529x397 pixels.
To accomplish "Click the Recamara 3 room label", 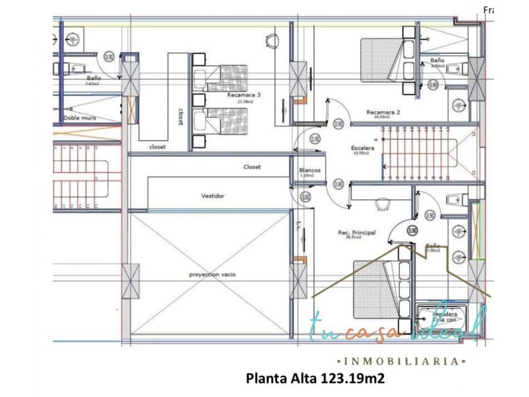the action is click(244, 95).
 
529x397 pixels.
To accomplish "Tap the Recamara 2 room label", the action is click(384, 112).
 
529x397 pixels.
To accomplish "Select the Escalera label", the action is click(363, 148).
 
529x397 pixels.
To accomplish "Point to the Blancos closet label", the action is click(310, 170).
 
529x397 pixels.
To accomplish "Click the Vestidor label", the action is click(213, 196).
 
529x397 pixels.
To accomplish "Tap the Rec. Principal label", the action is click(356, 233).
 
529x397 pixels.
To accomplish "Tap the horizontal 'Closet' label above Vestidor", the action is click(252, 167).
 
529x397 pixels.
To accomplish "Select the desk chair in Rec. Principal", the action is click(383, 204).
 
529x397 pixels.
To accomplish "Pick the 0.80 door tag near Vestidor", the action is click(306, 197).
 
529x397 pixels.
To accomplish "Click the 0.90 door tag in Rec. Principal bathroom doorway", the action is click(412, 231).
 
